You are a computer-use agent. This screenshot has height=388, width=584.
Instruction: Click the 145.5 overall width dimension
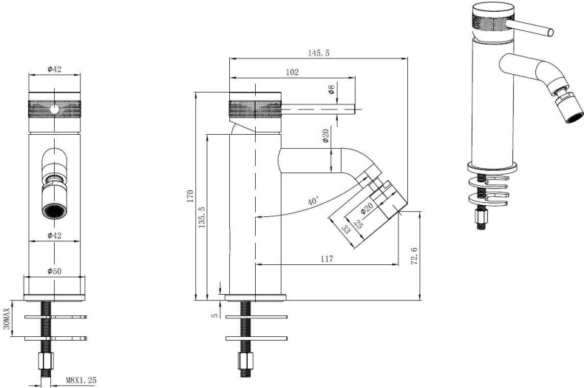[319, 53]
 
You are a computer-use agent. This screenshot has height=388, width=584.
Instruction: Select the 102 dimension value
[292, 72]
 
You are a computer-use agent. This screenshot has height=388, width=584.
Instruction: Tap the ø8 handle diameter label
[330, 90]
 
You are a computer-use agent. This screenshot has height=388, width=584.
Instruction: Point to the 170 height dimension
[190, 196]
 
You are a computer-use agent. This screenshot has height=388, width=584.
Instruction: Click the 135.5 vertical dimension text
[202, 217]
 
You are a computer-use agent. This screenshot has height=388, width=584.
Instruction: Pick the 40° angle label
[313, 201]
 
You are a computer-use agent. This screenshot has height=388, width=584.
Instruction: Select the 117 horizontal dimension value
[326, 258]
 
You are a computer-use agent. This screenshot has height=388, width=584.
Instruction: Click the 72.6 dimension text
[414, 255]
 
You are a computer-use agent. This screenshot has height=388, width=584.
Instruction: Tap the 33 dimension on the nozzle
[346, 229]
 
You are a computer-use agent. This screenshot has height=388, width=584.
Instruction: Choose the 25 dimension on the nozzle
[359, 224]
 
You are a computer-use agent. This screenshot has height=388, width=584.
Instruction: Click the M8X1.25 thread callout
[81, 381]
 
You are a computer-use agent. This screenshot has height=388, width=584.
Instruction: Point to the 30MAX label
[7, 319]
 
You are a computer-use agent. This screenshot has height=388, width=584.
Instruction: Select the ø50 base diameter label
[55, 271]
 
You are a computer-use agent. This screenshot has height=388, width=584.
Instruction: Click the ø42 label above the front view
[55, 69]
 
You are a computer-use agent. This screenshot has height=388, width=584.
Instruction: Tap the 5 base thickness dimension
[214, 315]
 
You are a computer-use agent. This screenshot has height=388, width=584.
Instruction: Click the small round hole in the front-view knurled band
[55, 110]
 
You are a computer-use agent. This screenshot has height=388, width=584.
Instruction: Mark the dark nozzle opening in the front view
[55, 211]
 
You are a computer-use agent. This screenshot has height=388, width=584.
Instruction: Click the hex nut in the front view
[46, 361]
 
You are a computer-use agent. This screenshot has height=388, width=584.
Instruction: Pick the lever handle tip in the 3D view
[549, 33]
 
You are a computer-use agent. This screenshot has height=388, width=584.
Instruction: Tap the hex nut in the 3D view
[481, 216]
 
